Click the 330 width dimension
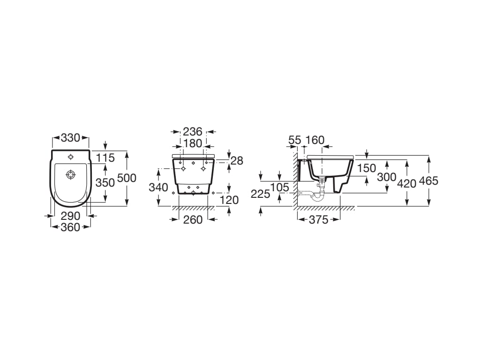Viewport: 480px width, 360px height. coord(70,138)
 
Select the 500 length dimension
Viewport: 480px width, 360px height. coord(127,178)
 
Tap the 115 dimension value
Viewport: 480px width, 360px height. coord(105,158)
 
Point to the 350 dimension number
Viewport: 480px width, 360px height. coord(105,182)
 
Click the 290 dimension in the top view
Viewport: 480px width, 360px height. coord(70,216)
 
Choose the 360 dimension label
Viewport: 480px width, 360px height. coord(70,227)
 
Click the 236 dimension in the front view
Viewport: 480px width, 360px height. coord(193,132)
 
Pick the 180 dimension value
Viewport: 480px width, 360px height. coord(193,143)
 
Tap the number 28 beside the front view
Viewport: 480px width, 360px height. coord(237,160)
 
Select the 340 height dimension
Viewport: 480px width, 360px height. coord(158,187)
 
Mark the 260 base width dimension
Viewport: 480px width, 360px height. coord(193,220)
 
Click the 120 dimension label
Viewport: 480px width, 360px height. coord(229,200)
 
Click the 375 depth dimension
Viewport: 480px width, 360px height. coord(318,220)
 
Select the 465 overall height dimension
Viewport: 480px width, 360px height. coord(428,181)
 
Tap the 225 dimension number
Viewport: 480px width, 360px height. coord(260,194)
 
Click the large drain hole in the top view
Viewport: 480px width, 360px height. coord(71,174)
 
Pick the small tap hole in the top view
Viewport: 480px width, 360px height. coord(71,157)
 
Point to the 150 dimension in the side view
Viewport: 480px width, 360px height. coord(366,168)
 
